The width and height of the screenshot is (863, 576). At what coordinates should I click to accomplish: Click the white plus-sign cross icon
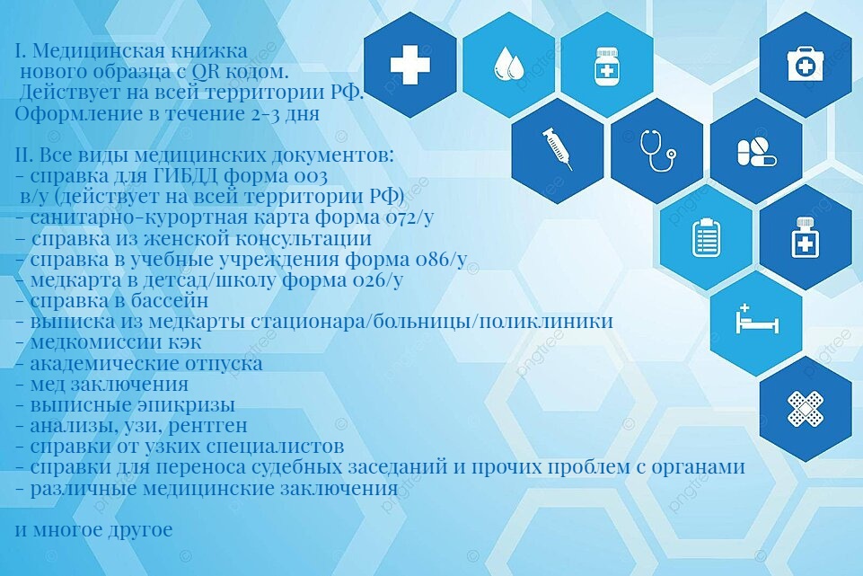coord(410,65)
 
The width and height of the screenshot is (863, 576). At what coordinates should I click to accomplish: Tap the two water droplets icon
coord(508,64)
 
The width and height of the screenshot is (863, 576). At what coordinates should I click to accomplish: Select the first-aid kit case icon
coord(806,64)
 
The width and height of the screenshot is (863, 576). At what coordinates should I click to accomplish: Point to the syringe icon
coord(558,148)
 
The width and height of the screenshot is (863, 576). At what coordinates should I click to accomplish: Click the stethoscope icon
coord(657,150)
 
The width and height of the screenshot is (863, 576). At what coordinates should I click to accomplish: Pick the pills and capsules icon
coord(757,152)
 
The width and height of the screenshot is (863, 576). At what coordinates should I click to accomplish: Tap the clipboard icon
coord(706,237)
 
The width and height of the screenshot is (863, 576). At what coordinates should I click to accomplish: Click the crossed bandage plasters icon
coord(806,409)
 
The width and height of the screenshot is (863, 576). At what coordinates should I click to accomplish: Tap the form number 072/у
coord(409,217)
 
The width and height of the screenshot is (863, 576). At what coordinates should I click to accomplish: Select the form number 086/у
coord(443,258)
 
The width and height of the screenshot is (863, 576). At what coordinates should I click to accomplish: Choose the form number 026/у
coord(378,279)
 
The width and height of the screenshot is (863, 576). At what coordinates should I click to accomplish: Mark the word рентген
coord(208,426)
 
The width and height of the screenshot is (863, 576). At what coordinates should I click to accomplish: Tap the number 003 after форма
coord(310,176)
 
